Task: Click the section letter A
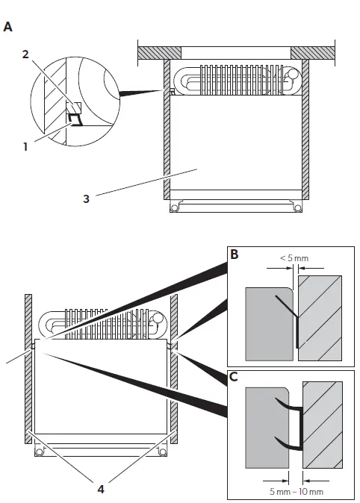(x=8, y=27)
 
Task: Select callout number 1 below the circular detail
(x=25, y=147)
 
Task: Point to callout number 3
(x=87, y=199)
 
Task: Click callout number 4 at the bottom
(x=100, y=489)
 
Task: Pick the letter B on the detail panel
(x=234, y=254)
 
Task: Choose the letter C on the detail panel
(x=234, y=375)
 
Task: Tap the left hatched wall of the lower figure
(x=28, y=373)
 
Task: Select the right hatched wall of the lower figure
(x=174, y=373)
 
